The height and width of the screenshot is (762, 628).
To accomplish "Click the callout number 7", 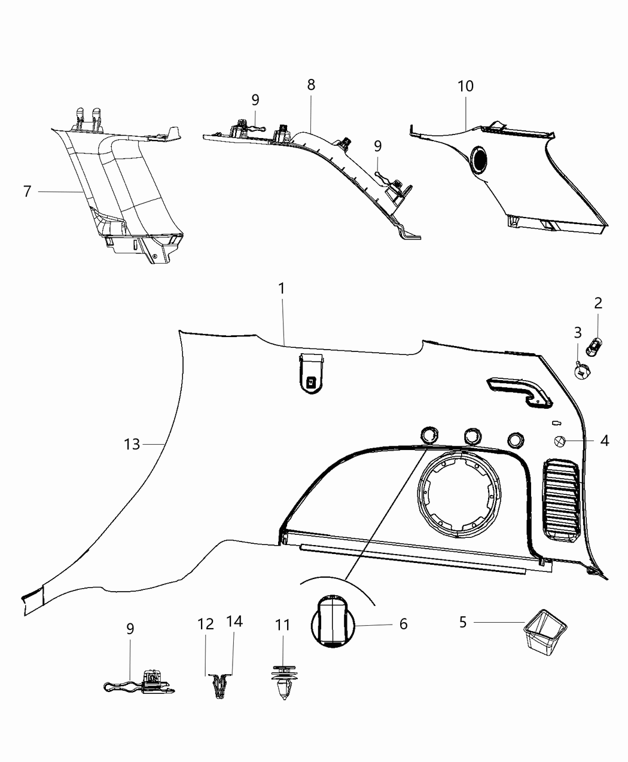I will click(27, 192).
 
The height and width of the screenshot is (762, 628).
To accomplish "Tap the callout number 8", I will click(311, 85).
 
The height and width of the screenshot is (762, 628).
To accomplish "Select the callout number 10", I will click(465, 86).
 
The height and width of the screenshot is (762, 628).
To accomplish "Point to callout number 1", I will click(281, 289).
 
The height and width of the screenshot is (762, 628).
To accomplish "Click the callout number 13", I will click(132, 444).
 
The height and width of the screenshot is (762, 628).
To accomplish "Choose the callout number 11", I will click(282, 625).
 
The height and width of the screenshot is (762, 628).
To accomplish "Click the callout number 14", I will click(234, 622).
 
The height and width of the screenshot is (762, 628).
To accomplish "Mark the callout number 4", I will click(604, 441).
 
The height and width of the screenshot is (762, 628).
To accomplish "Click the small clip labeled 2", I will click(595, 344).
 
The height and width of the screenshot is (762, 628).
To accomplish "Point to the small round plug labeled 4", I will click(559, 442).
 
